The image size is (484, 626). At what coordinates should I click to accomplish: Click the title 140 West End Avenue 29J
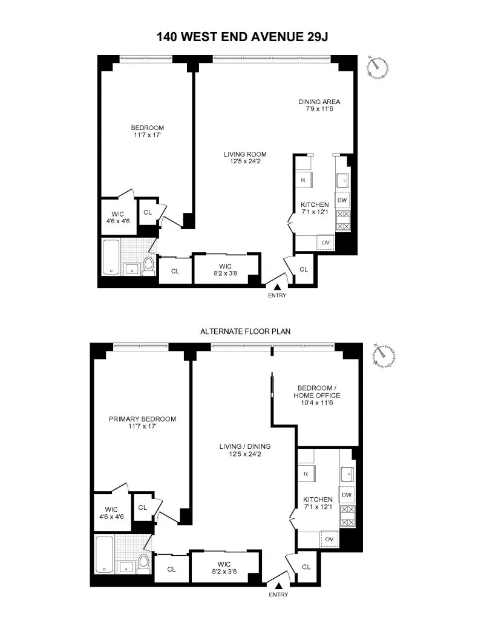point(242,36)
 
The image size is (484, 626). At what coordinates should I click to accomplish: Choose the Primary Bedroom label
point(142,422)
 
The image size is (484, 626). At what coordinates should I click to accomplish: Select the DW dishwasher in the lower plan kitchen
point(346,495)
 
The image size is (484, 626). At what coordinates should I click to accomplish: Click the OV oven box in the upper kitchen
point(325,243)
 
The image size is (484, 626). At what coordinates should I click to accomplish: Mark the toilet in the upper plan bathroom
point(148,265)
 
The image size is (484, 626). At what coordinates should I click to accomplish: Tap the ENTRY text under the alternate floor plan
point(279,595)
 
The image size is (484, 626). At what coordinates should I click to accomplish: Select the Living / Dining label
point(244,451)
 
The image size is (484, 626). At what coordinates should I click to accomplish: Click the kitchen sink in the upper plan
point(342,180)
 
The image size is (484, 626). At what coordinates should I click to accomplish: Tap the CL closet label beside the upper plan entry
point(304,269)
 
